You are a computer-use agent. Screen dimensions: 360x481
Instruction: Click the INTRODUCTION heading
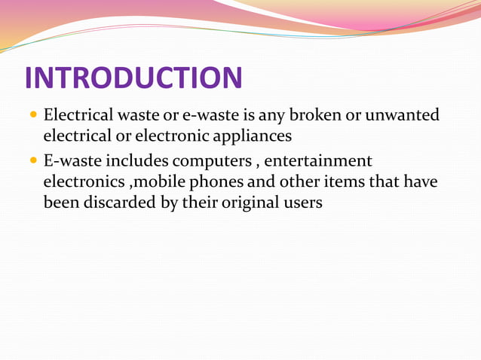point(133,78)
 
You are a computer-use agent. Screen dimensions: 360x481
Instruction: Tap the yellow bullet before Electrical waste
point(32,117)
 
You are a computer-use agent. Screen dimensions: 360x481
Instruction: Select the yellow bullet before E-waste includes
point(32,161)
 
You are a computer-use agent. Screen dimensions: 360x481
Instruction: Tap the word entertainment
point(318,160)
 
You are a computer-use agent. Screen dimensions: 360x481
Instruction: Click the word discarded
point(117,203)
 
